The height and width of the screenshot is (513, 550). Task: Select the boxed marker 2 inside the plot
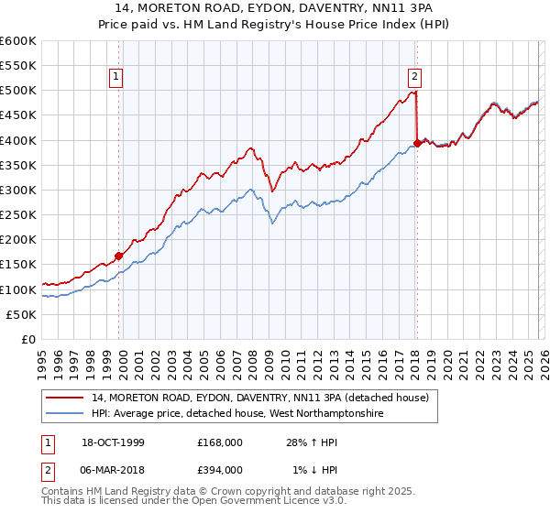pos(415,78)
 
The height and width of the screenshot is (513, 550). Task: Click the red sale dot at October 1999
pos(119,256)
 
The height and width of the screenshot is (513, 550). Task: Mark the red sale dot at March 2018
pos(417,143)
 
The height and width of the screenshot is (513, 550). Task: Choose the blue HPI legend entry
pos(236,414)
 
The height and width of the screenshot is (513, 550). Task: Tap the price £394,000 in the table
pos(220,469)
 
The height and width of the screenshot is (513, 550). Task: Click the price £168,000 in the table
pos(220,442)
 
